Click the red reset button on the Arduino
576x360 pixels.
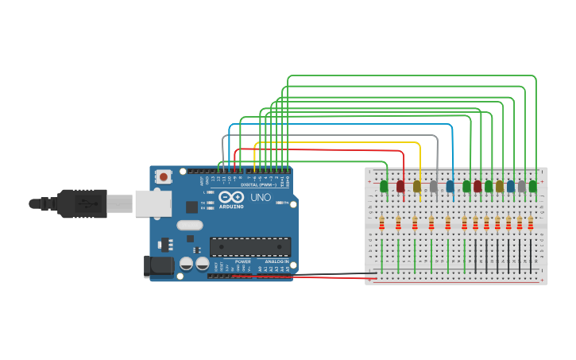[163, 176]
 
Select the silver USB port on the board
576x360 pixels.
[153, 203]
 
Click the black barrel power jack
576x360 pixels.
[158, 266]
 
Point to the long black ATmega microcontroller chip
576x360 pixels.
[249, 247]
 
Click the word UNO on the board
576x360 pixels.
[261, 197]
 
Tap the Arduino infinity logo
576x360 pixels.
[233, 197]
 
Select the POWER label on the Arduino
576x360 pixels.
[243, 261]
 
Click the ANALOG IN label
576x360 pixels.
[276, 261]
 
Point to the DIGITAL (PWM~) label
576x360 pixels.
[265, 184]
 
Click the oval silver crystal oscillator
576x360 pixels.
[190, 225]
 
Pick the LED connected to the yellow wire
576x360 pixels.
[417, 186]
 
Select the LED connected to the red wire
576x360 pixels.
[400, 186]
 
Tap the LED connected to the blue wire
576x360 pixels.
[450, 186]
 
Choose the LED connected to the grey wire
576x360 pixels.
[434, 187]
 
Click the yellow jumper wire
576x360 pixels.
[342, 143]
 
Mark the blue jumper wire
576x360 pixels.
[342, 124]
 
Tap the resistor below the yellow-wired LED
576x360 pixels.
[415, 223]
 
